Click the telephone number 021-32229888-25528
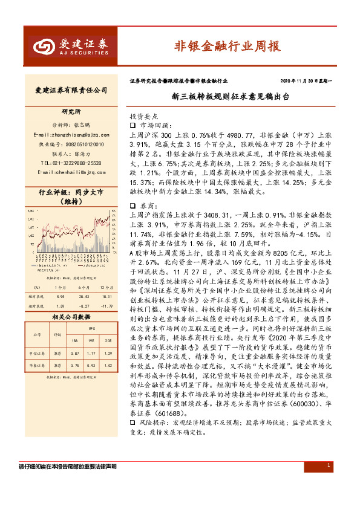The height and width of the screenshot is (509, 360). [71, 163]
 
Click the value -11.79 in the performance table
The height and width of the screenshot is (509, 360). [108, 308]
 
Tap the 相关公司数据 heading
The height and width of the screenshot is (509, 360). [71, 317]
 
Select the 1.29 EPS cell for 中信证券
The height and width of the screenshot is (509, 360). [108, 352]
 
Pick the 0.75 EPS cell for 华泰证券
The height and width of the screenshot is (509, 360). [75, 366]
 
